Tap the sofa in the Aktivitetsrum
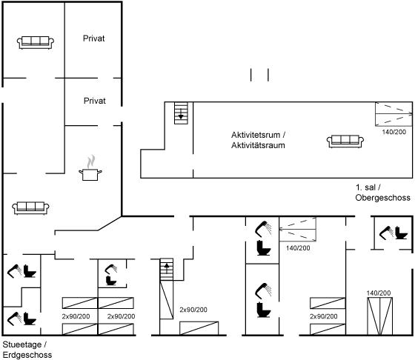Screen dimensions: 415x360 (x=345, y=141)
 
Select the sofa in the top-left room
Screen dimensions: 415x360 (x=36, y=42)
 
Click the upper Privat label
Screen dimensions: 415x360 (x=93, y=39)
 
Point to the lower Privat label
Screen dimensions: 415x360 (x=95, y=101)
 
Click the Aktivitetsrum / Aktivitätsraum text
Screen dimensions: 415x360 (x=258, y=140)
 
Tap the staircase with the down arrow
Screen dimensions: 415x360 (x=181, y=113)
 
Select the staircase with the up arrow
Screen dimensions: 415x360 (x=167, y=270)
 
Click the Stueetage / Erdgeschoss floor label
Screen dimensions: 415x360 (x=27, y=350)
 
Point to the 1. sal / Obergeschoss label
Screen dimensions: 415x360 (x=382, y=193)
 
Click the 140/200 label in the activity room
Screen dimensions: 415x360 (x=394, y=132)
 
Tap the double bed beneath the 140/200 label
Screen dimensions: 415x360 (x=379, y=316)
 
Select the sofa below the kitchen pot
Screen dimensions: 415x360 (x=30, y=208)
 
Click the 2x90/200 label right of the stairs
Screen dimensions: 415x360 (x=193, y=310)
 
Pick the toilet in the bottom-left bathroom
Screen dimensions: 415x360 (x=30, y=319)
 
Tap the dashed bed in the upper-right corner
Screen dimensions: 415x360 (x=394, y=114)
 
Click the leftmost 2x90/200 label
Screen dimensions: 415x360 (x=76, y=316)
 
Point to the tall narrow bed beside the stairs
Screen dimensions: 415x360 (x=167, y=300)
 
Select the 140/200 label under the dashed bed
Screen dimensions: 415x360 (x=298, y=248)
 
